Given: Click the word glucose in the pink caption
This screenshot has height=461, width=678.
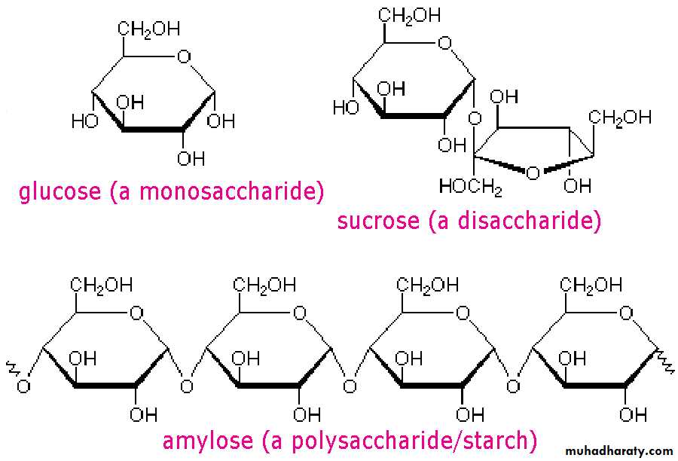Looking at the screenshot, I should click(x=60, y=191).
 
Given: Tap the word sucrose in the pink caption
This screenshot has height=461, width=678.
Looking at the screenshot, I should click(x=377, y=221).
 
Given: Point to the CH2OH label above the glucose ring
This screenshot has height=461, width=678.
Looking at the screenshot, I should click(x=148, y=29).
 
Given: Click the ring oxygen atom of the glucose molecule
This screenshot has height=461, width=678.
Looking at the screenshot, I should click(x=181, y=55).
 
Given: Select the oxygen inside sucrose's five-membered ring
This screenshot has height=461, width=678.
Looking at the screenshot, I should click(x=533, y=174).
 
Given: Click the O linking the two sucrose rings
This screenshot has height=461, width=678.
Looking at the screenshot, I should click(x=473, y=119).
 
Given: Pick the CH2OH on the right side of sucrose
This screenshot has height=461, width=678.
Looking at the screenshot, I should click(x=619, y=117).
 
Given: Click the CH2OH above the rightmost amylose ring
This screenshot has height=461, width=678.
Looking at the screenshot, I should click(x=591, y=285).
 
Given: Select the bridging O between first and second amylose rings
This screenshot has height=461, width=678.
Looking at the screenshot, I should click(x=186, y=386).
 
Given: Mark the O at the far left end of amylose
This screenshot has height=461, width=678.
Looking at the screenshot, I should click(x=23, y=386).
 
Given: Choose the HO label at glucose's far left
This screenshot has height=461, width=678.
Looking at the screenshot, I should click(x=84, y=121).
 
